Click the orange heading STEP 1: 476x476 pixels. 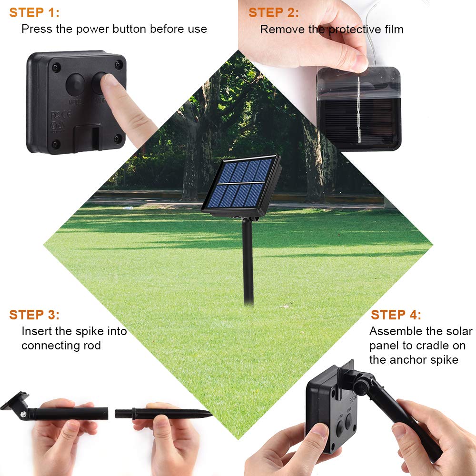pyautogui.click(x=34, y=13)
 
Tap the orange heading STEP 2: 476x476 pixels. pyautogui.click(x=274, y=13)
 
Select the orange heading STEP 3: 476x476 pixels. pyautogui.click(x=34, y=315)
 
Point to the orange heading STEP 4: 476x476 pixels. pyautogui.click(x=396, y=315)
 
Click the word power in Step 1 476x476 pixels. pyautogui.click(x=93, y=30)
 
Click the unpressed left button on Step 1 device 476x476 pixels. pyautogui.click(x=75, y=84)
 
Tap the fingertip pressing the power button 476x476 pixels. pyautogui.click(x=110, y=80)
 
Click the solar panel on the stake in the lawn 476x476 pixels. pyautogui.click(x=242, y=186)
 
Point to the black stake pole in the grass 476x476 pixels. pyautogui.click(x=248, y=261)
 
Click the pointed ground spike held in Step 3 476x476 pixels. pyautogui.click(x=163, y=414)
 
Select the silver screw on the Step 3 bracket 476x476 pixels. pyautogui.click(x=23, y=414)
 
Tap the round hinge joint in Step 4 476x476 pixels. pyautogui.click(x=361, y=387)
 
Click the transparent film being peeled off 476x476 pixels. pyautogui.click(x=358, y=82)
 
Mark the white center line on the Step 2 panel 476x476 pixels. pyautogui.click(x=359, y=109)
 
